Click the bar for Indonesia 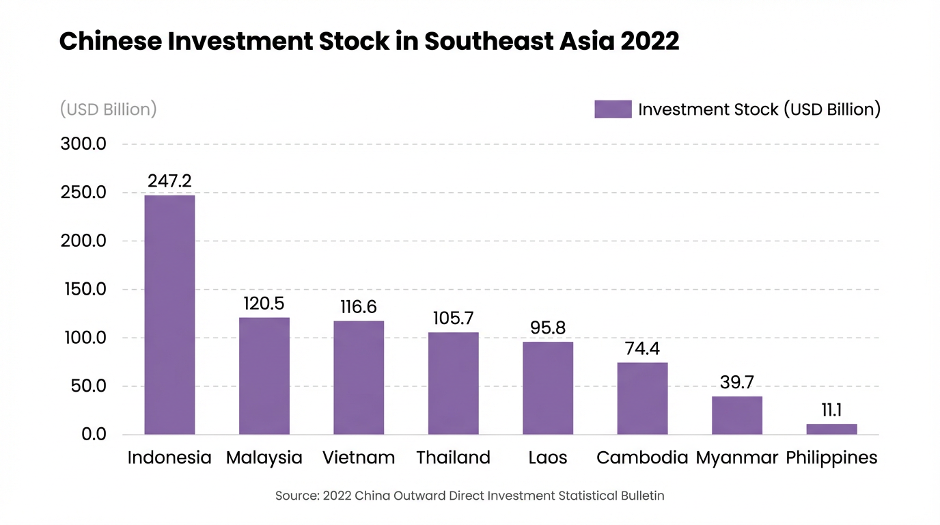click(169, 314)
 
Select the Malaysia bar click(264, 376)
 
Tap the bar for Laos click(548, 388)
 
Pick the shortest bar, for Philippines click(831, 429)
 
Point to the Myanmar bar click(737, 415)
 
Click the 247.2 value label click(169, 181)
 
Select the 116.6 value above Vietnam click(359, 307)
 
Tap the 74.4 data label click(642, 349)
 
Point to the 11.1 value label click(831, 410)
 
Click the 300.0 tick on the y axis click(83, 145)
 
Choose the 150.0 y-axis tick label click(83, 290)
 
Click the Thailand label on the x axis click(454, 457)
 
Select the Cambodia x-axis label click(642, 457)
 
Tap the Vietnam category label click(359, 457)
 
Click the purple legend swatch click(613, 109)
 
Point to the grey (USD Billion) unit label click(108, 109)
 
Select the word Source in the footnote click(296, 496)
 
